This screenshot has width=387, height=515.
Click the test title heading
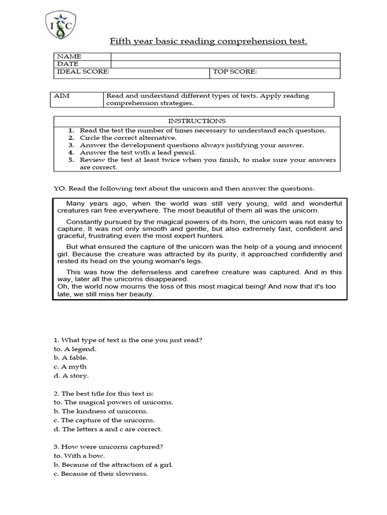(x=209, y=41)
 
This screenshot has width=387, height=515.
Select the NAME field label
(x=69, y=56)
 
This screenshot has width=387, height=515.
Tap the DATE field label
(x=68, y=64)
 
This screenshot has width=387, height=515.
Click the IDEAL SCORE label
(x=82, y=72)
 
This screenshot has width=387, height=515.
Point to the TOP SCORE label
(x=234, y=72)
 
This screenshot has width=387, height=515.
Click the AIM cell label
(x=61, y=96)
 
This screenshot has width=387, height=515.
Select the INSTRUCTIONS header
(x=197, y=121)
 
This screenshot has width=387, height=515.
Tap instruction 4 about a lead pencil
(x=137, y=152)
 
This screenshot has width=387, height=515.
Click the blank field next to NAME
(x=225, y=56)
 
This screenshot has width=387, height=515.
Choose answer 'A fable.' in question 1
(x=74, y=358)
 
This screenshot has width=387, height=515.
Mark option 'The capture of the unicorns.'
(x=107, y=420)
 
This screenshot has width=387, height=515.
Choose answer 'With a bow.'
(x=83, y=456)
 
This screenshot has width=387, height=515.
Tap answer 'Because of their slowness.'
(x=104, y=474)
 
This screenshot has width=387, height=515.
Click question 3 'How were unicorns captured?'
(x=108, y=447)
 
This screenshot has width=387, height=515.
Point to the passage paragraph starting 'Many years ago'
(x=200, y=207)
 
